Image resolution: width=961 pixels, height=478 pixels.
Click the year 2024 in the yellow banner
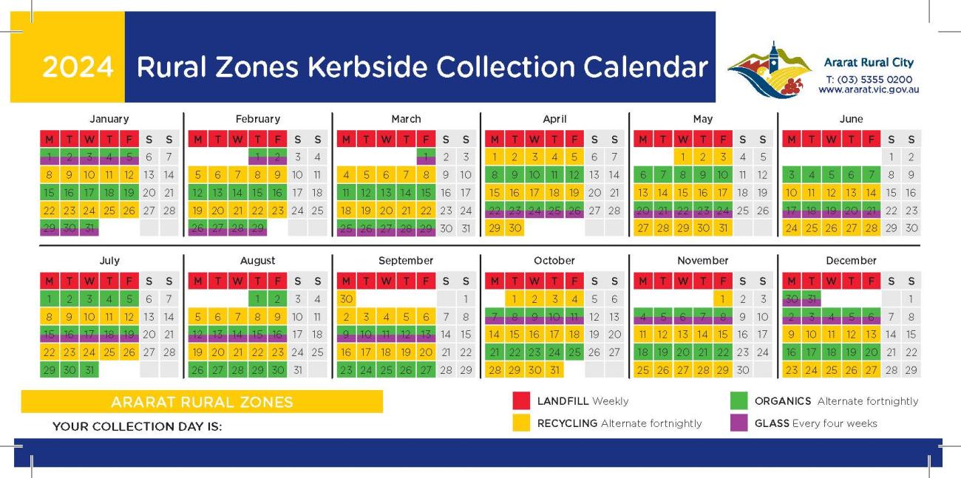78,67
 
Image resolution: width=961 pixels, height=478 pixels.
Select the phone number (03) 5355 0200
869,79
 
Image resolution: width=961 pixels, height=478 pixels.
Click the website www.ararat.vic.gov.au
868,89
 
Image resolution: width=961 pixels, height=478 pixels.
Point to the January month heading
109,119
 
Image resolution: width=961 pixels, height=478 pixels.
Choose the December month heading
851,261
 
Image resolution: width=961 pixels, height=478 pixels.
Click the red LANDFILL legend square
522,401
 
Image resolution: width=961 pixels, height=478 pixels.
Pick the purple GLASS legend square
738,423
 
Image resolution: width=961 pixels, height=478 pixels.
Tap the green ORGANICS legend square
738,401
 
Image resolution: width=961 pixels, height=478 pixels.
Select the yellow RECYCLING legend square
522,423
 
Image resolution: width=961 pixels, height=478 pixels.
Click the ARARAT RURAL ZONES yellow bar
202,402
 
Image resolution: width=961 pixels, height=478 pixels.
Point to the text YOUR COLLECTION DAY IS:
137,426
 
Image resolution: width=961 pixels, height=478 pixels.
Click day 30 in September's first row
346,299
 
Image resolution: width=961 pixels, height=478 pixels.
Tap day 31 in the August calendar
297,370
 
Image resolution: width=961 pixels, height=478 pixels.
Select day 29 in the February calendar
257,228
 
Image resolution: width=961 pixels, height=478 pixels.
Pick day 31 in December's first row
811,299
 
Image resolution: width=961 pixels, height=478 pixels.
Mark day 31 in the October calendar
554,370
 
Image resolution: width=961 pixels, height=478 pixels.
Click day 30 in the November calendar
742,370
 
